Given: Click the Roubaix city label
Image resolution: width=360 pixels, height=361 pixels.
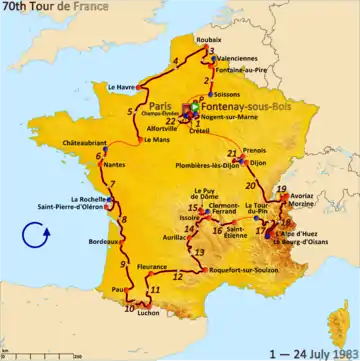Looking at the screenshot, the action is pos(209,39).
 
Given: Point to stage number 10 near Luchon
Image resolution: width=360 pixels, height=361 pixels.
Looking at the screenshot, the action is pos(129,308).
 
